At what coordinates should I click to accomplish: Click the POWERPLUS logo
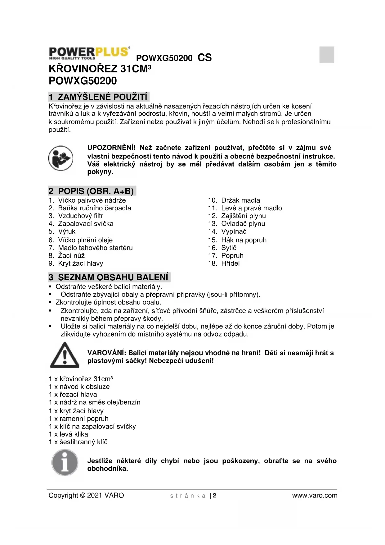point(89,53)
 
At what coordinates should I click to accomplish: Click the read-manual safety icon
point(60,158)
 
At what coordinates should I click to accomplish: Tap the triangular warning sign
point(65,355)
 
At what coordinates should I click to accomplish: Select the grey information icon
point(65,463)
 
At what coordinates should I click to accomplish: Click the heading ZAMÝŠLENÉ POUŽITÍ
point(102,97)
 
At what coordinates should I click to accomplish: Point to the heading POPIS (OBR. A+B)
point(96,191)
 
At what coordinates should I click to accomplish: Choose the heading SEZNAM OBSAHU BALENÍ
point(113,277)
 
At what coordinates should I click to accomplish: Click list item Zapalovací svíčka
point(85,224)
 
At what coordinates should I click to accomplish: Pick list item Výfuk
point(66,231)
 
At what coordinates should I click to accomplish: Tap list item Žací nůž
point(71,256)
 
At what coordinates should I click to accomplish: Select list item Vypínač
point(233,231)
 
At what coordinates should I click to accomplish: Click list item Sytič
point(228,248)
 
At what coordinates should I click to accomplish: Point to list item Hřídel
point(230,263)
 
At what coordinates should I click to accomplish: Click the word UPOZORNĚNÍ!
point(111,148)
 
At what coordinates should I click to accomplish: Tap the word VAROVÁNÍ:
point(106,353)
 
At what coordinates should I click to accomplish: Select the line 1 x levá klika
point(68,434)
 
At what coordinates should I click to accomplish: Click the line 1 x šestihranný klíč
point(78,442)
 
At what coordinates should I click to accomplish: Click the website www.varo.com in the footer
point(315,496)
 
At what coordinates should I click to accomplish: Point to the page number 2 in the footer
point(214,496)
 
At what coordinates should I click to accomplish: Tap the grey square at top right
point(327,55)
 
